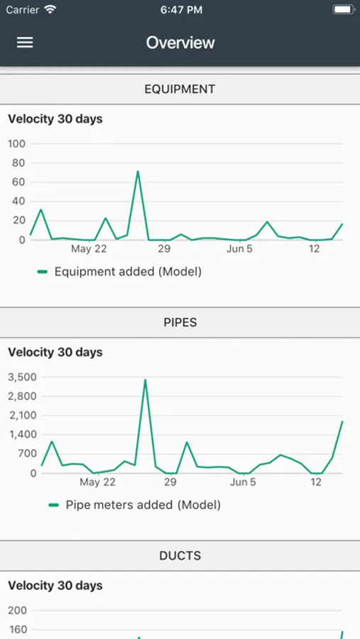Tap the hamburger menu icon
(x=25, y=43)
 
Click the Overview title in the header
(x=180, y=43)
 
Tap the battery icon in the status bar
(x=344, y=10)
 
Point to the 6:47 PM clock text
(x=182, y=10)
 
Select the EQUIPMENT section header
(x=180, y=89)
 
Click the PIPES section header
(x=180, y=322)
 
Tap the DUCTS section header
(x=180, y=556)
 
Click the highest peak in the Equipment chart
(x=138, y=171)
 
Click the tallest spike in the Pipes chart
(x=145, y=380)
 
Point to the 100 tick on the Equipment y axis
(x=17, y=144)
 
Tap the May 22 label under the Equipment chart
(x=89, y=249)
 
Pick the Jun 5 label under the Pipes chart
(x=243, y=483)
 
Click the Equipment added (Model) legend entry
(x=119, y=271)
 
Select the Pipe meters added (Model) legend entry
(x=134, y=505)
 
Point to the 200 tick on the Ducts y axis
(x=17, y=611)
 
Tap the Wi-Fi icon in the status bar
(x=50, y=10)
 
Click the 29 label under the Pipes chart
(x=170, y=483)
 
